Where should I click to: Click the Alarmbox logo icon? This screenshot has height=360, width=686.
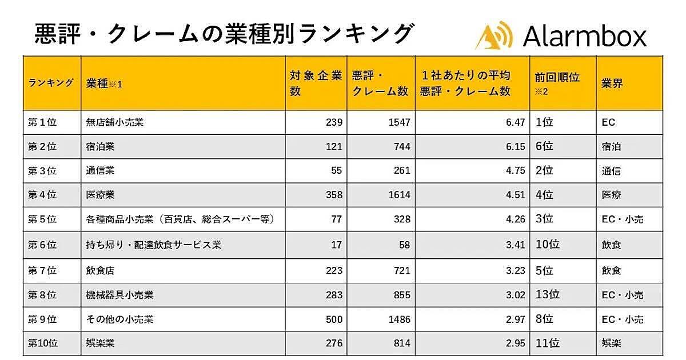pyautogui.click(x=493, y=35)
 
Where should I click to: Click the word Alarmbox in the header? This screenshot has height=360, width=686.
pyautogui.click(x=584, y=36)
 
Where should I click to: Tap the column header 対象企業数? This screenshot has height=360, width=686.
pyautogui.click(x=316, y=83)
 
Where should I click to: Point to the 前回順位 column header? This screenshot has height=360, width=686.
pyautogui.click(x=557, y=77)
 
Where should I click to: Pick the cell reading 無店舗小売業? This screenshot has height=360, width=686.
pyautogui.click(x=114, y=122)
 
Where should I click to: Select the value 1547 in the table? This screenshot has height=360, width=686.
pyautogui.click(x=398, y=122)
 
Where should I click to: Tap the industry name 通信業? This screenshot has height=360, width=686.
pyautogui.click(x=100, y=171)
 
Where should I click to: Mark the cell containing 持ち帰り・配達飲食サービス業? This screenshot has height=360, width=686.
pyautogui.click(x=153, y=245)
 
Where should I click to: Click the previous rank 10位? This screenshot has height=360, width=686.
pyautogui.click(x=547, y=245)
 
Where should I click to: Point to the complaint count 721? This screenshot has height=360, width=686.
pyautogui.click(x=401, y=270)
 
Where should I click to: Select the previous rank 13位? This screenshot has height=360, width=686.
pyautogui.click(x=547, y=295)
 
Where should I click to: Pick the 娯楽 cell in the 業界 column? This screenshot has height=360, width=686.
pyautogui.click(x=611, y=343)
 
